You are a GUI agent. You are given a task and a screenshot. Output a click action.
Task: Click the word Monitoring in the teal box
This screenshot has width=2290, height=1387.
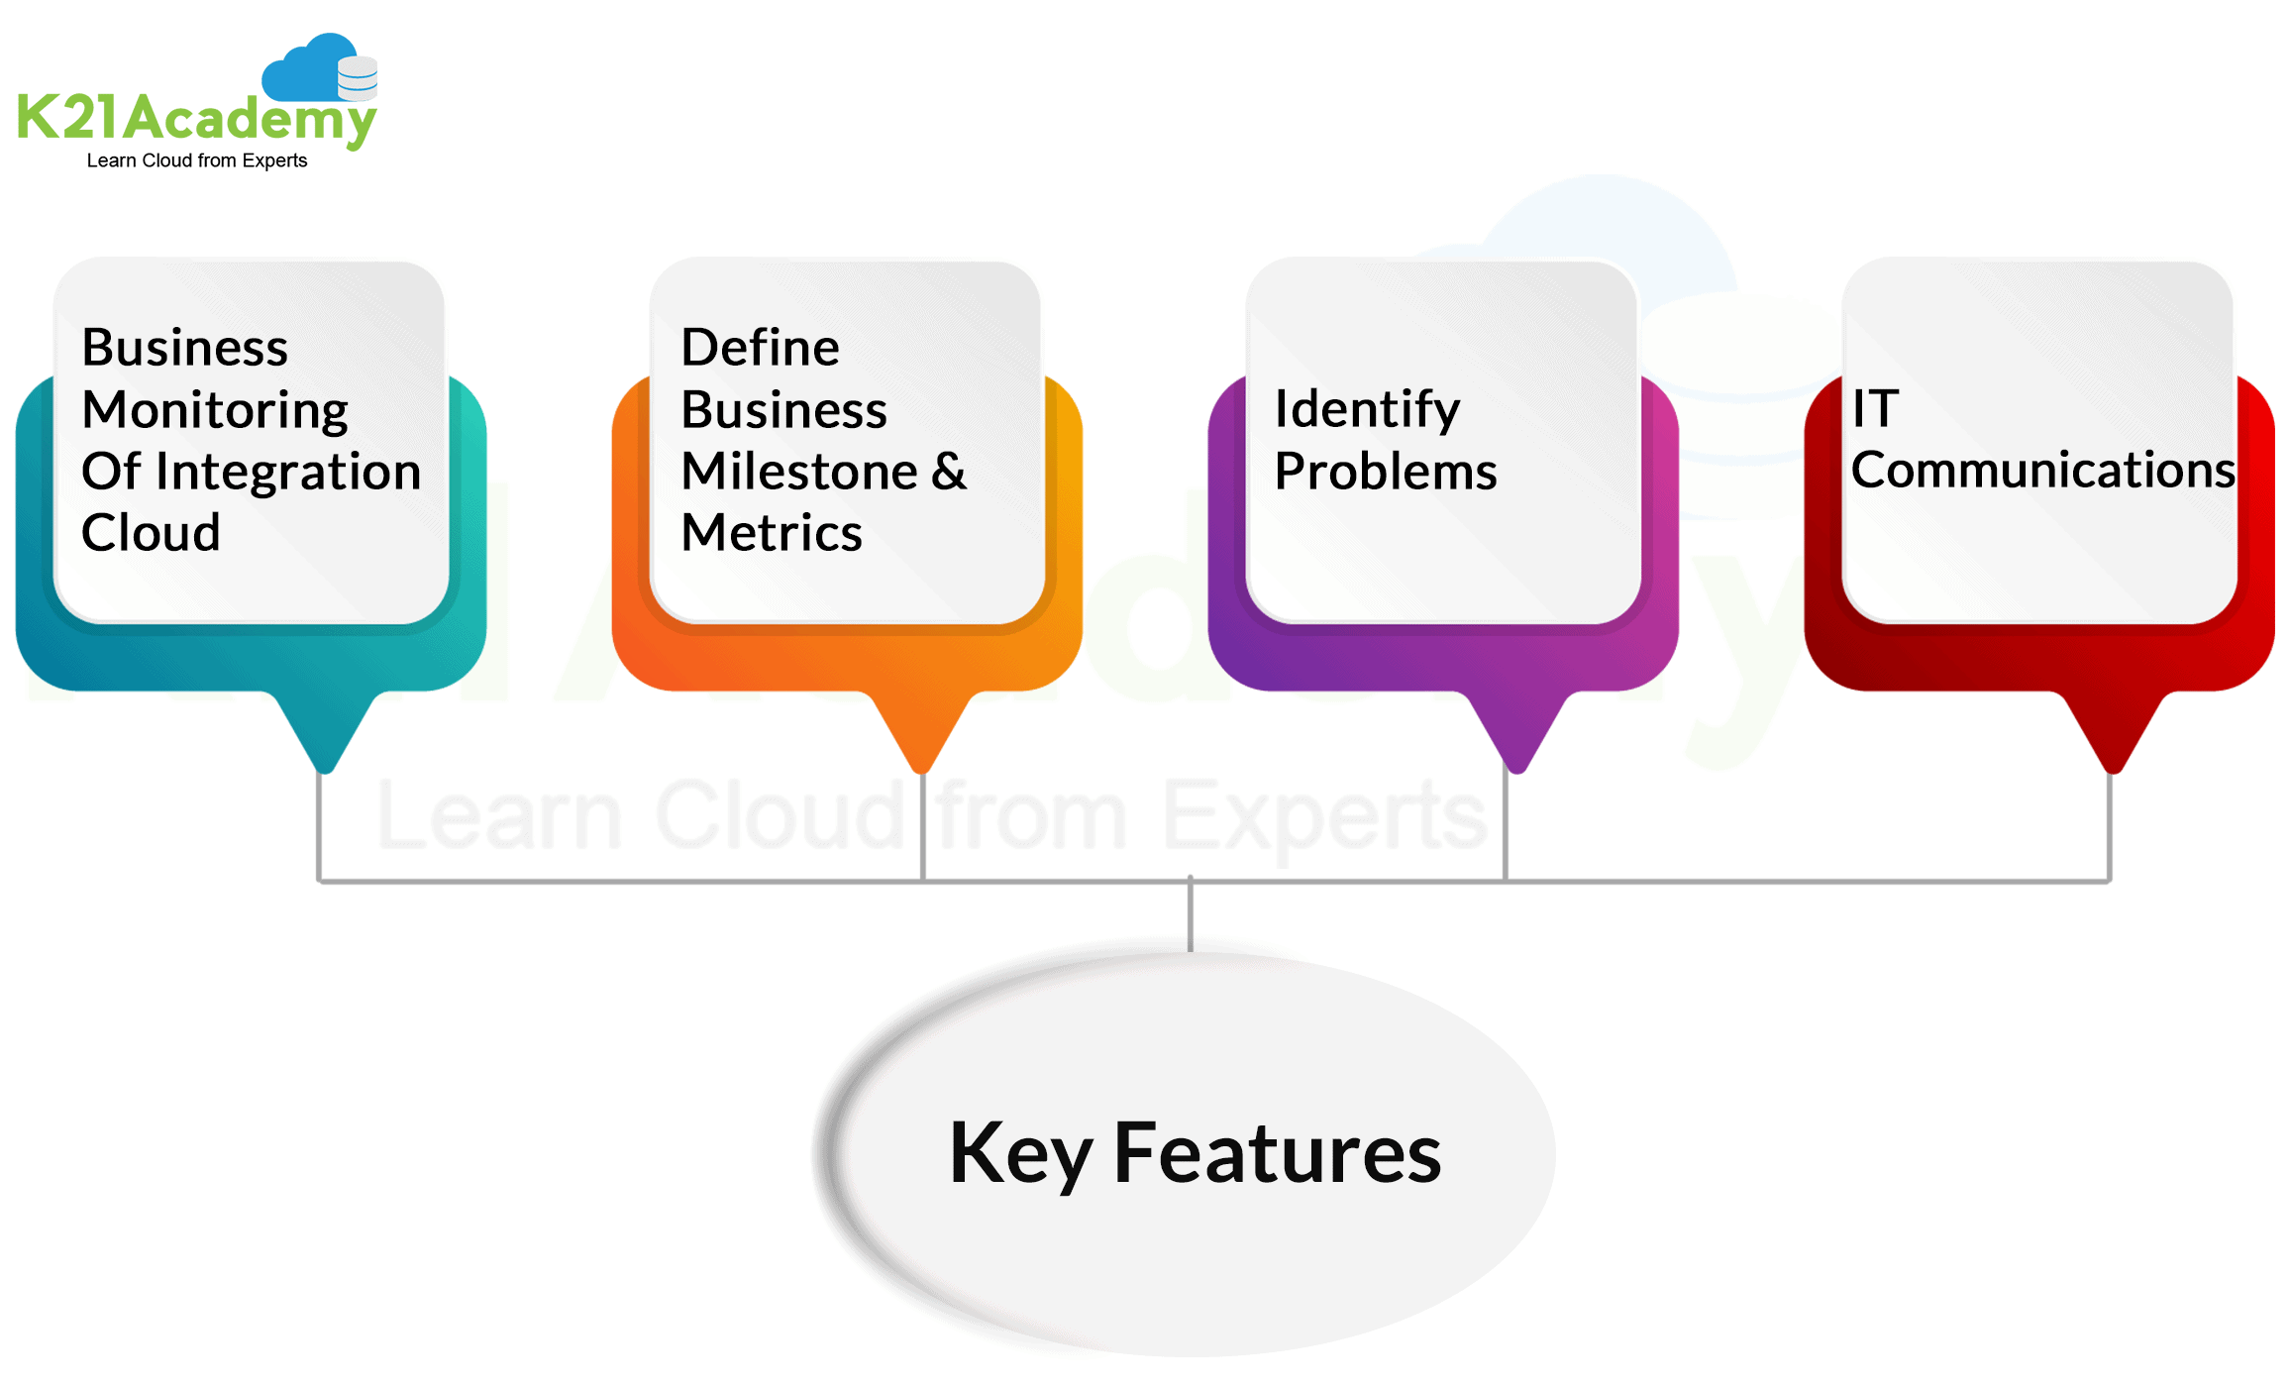coord(215,410)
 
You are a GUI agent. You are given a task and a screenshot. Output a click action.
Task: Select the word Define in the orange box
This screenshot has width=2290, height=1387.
coord(760,348)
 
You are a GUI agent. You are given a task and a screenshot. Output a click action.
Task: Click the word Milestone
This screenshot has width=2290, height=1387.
coord(799,472)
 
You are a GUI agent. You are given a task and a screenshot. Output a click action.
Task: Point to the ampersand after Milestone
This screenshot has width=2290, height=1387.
coord(948,472)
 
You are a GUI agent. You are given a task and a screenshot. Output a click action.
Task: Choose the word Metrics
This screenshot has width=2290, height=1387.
coord(772,533)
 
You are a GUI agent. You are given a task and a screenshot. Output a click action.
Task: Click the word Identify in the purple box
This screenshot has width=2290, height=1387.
coord(1367,409)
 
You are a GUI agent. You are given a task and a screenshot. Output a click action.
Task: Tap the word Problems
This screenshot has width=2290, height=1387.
coord(1385,472)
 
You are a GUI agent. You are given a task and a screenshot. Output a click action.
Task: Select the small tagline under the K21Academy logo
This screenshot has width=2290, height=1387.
coord(196,160)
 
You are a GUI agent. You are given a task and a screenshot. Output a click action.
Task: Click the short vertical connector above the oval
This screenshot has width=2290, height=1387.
coord(1191,914)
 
